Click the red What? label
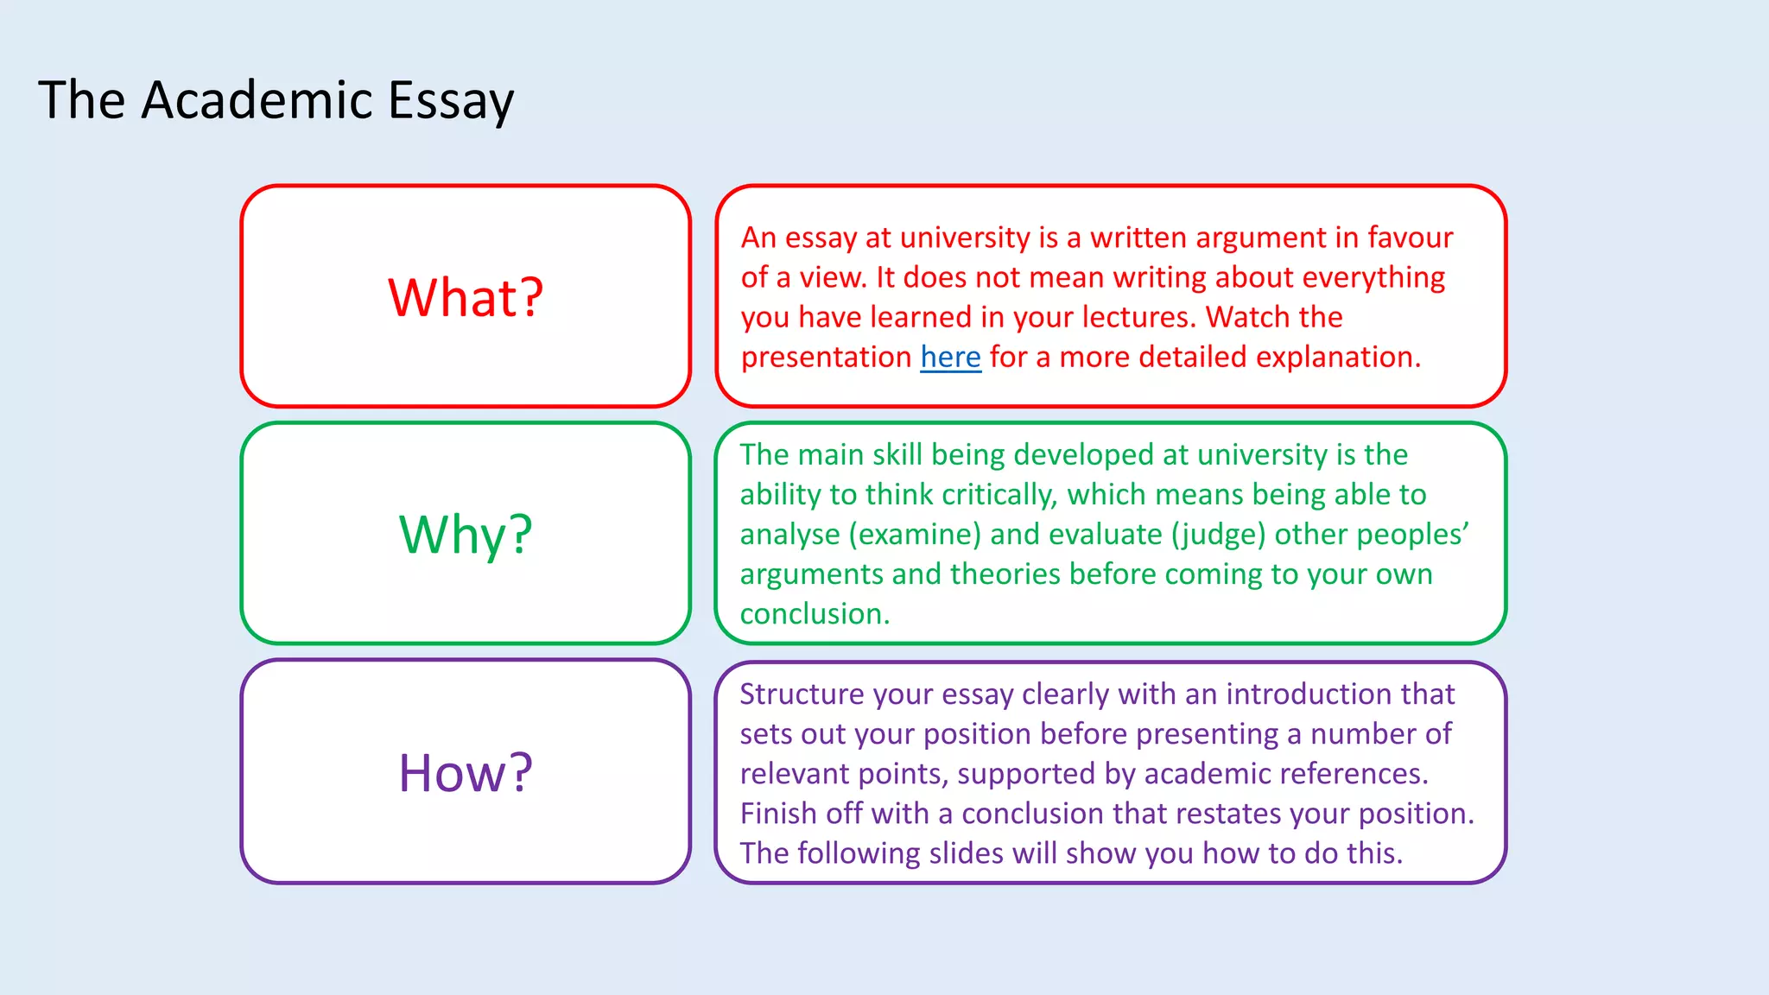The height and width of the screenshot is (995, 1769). pos(466,298)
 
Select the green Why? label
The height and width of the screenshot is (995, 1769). pos(466,535)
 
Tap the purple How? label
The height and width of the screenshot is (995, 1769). pos(466,773)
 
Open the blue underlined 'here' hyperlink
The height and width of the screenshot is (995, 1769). pos(950,358)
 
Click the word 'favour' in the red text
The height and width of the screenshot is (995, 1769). pos(1410,238)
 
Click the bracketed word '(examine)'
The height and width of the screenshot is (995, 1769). pos(915,535)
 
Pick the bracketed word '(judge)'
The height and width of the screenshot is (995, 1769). pos(1218,535)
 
